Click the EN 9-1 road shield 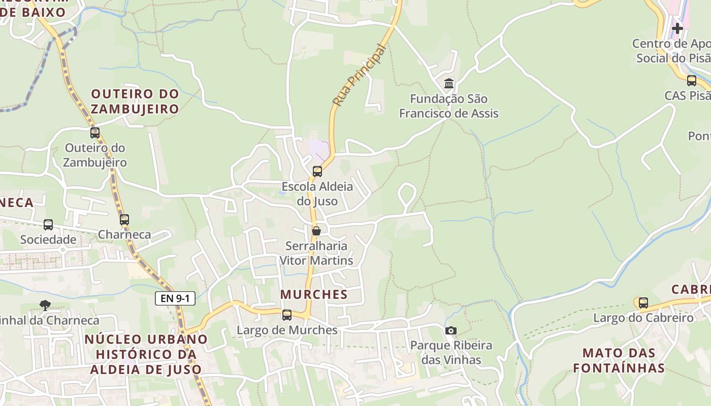pyautogui.click(x=175, y=298)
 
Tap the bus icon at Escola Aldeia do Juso pyautogui.click(x=317, y=172)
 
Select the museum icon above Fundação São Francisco pyautogui.click(x=449, y=83)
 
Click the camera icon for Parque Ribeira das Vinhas pyautogui.click(x=450, y=331)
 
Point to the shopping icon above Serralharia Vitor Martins pyautogui.click(x=316, y=231)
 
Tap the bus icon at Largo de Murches pyautogui.click(x=287, y=315)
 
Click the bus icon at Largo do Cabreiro pyautogui.click(x=643, y=303)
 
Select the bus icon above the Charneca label pyautogui.click(x=124, y=220)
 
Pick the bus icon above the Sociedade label pyautogui.click(x=48, y=225)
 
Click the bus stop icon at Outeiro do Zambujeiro pyautogui.click(x=95, y=133)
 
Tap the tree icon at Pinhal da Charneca pyautogui.click(x=45, y=305)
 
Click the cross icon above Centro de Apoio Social pyautogui.click(x=677, y=28)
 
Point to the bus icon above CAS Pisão pyautogui.click(x=692, y=81)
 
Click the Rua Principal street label pyautogui.click(x=359, y=75)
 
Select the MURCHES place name pyautogui.click(x=314, y=294)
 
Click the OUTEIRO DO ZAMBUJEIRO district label pyautogui.click(x=135, y=101)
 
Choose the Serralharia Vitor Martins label pyautogui.click(x=316, y=253)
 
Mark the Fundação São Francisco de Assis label pyautogui.click(x=449, y=106)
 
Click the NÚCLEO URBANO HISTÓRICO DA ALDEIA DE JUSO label pyautogui.click(x=146, y=354)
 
